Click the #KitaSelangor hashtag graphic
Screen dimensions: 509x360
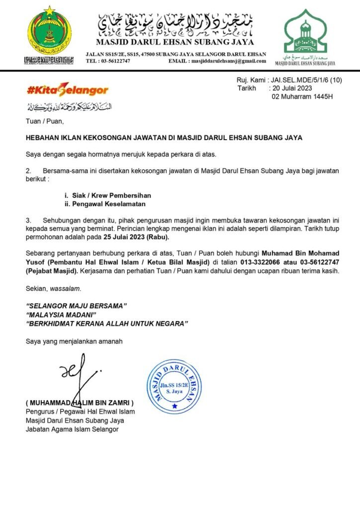click(x=67, y=90)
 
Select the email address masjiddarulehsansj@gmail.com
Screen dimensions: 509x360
click(x=227, y=61)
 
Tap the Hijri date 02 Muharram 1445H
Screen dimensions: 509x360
click(x=303, y=96)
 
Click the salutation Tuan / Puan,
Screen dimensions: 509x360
click(x=45, y=120)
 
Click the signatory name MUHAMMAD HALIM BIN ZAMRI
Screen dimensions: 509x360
click(x=80, y=402)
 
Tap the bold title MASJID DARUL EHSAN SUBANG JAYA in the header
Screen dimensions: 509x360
click(x=175, y=42)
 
